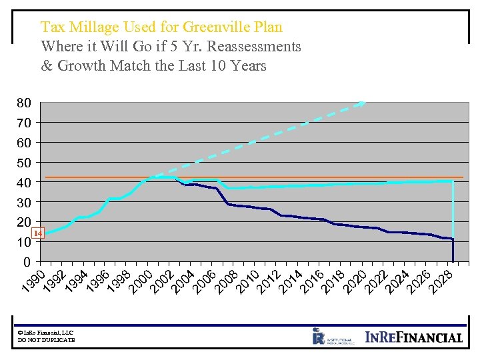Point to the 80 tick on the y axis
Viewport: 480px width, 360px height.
[x=24, y=103]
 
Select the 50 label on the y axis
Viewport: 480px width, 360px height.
[x=24, y=163]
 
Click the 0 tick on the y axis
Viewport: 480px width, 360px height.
[x=27, y=261]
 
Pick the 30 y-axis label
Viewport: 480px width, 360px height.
[x=24, y=202]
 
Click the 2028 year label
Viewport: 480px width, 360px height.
[x=442, y=280]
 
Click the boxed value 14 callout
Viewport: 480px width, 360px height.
[x=38, y=233]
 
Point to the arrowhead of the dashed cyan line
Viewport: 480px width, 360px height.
[x=361, y=103]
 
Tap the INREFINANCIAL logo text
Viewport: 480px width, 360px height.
[x=414, y=337]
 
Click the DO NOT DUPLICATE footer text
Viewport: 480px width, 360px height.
[x=47, y=340]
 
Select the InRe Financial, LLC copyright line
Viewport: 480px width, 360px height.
[x=46, y=333]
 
